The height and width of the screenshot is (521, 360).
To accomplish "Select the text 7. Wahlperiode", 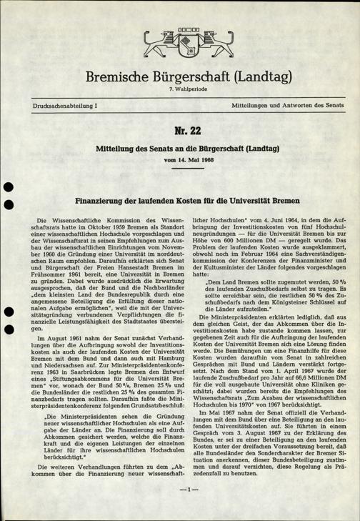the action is click(179, 88).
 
